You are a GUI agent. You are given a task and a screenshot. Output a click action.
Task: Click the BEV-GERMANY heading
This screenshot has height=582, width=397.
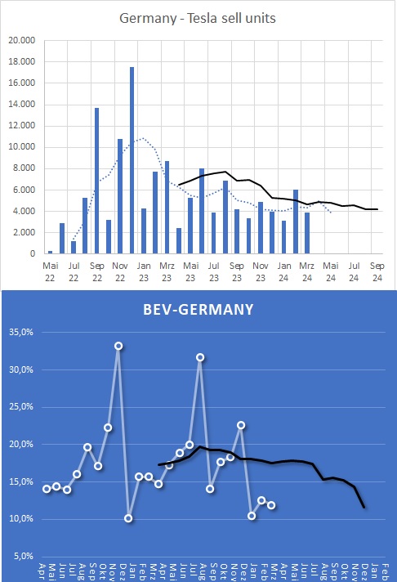[x=198, y=311]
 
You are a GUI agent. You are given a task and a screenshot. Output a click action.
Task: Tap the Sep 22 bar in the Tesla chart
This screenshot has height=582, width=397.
[x=96, y=181]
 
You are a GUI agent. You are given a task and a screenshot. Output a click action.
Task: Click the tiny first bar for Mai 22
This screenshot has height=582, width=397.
[x=50, y=252]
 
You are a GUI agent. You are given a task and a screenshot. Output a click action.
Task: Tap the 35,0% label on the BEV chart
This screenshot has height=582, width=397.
[x=22, y=333]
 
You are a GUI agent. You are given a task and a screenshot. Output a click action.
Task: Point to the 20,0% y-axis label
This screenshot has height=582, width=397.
[x=22, y=445]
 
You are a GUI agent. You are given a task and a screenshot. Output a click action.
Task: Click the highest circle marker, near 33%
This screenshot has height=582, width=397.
[x=118, y=346]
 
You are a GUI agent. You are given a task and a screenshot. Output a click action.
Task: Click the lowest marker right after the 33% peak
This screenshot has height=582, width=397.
[x=128, y=518]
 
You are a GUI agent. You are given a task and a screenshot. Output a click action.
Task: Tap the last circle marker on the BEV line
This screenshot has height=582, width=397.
[x=271, y=505]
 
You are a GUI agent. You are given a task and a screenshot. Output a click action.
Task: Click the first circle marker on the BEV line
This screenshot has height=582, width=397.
[x=46, y=489]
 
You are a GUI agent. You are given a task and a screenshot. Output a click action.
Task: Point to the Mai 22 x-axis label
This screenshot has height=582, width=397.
[x=51, y=271]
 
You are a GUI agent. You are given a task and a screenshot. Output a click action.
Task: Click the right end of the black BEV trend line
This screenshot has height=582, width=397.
[x=364, y=507]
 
